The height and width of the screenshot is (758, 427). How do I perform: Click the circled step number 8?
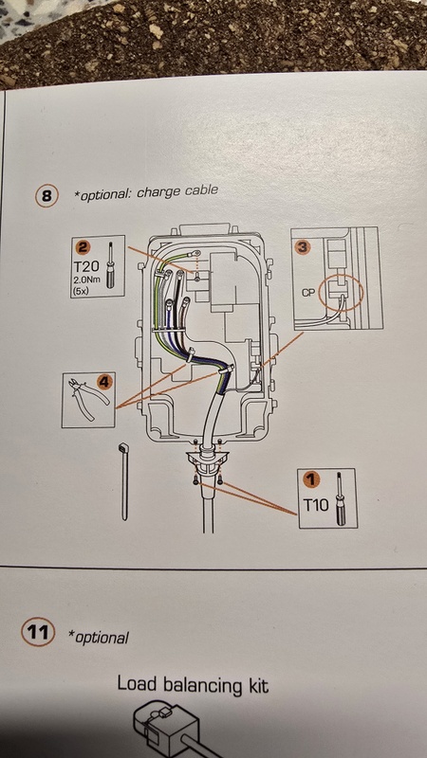[x=46, y=196]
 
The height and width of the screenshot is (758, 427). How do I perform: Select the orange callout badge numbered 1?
[x=312, y=479]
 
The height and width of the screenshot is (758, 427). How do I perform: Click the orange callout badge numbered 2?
[x=84, y=248]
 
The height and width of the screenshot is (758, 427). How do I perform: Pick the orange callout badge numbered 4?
[x=104, y=383]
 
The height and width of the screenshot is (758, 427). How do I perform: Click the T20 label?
[x=87, y=265]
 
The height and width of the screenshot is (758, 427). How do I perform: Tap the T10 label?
[x=316, y=506]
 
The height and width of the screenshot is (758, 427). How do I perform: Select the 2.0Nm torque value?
[x=86, y=280]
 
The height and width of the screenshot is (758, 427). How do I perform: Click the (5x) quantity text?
[x=81, y=290]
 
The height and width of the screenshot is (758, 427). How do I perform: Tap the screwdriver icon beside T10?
[x=340, y=499]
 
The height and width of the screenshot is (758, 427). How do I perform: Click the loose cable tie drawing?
[x=123, y=481]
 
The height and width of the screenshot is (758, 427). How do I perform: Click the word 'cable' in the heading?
[x=200, y=191]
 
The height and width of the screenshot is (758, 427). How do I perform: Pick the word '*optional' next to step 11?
[x=99, y=637]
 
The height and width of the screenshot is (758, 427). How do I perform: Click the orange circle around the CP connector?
[x=341, y=293]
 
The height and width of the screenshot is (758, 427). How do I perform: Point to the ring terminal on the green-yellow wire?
[x=195, y=252]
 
